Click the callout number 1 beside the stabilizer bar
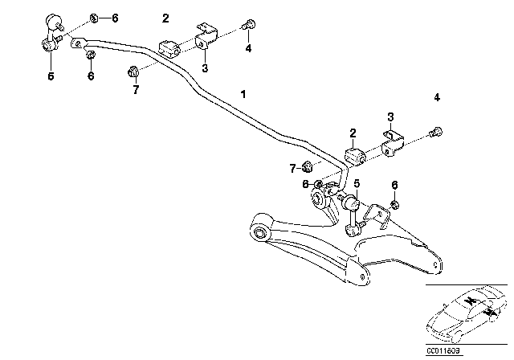point(243,95)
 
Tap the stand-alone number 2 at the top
point(165,18)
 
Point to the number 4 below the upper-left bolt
point(248,48)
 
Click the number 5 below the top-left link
point(51,77)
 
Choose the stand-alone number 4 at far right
point(437,98)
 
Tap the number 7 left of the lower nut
point(293,168)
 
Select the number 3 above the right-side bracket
point(390,117)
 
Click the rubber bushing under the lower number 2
point(353,154)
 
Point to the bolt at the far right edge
point(436,133)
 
